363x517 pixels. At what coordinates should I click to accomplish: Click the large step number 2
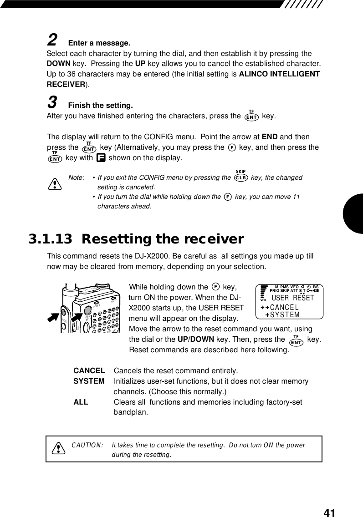(52, 41)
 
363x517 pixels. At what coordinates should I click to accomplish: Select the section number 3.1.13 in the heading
(50, 239)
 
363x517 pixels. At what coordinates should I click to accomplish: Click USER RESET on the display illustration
(293, 298)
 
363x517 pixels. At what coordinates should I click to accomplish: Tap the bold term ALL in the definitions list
(81, 402)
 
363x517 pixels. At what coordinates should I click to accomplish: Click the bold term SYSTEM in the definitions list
(89, 381)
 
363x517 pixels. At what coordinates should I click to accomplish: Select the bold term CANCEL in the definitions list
(89, 370)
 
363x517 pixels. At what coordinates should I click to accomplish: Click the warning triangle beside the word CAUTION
(58, 449)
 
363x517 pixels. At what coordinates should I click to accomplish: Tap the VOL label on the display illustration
(263, 300)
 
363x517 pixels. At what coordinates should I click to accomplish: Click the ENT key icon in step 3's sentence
(251, 117)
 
